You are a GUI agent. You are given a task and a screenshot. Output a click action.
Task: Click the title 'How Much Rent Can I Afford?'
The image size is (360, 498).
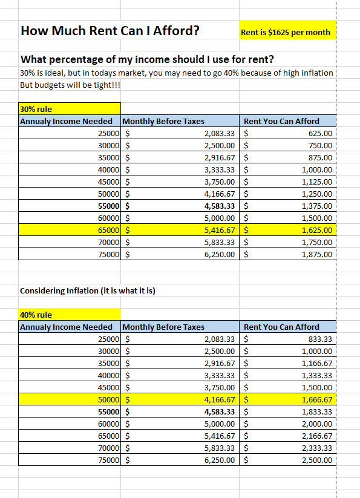click(110, 30)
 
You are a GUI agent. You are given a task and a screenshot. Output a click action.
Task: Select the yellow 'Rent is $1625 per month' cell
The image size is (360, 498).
click(286, 32)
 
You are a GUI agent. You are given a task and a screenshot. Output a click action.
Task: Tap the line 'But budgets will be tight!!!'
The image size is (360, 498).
click(70, 85)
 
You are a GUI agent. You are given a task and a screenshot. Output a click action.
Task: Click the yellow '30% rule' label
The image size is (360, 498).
click(36, 110)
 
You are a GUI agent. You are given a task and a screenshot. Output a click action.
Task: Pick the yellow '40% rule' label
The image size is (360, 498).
click(36, 315)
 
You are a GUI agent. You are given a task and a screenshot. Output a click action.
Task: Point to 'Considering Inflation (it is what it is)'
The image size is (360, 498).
click(88, 290)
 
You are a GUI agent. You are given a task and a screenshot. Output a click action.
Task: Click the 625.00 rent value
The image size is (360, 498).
click(320, 134)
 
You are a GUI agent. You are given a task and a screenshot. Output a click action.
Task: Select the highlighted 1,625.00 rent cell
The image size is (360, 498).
click(316, 231)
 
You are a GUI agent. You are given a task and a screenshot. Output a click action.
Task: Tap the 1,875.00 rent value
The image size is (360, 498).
click(316, 255)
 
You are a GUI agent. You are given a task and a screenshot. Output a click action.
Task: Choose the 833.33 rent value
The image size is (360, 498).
click(320, 339)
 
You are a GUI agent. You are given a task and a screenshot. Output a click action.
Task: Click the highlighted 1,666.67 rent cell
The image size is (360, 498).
click(316, 399)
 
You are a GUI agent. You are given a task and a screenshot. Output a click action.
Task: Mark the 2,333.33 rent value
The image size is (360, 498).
click(316, 448)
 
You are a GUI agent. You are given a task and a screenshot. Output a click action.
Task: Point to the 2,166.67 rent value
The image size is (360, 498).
click(316, 436)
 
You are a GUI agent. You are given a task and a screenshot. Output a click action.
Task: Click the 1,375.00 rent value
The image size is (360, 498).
click(316, 206)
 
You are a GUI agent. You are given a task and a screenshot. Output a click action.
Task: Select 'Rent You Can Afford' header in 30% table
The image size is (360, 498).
click(281, 122)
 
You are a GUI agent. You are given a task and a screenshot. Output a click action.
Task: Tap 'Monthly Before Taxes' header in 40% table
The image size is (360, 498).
click(163, 327)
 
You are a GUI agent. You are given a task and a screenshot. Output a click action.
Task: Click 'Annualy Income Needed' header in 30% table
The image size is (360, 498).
click(67, 122)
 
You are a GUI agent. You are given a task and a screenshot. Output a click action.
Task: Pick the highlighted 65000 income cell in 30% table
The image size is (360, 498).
click(108, 231)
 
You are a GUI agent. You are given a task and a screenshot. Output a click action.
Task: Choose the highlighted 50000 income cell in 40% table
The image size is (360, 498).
click(108, 399)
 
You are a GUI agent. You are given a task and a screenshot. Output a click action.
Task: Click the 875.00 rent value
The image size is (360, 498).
click(320, 158)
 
